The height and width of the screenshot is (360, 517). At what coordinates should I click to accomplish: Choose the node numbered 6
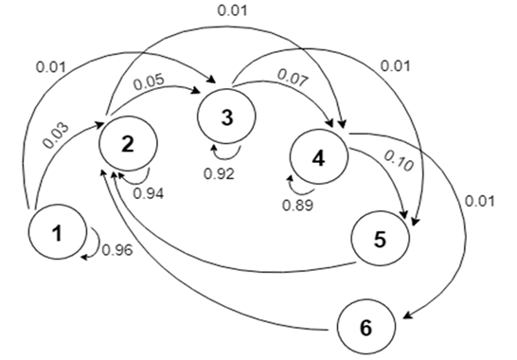(366, 328)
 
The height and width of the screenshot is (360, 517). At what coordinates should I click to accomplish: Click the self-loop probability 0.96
(116, 251)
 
